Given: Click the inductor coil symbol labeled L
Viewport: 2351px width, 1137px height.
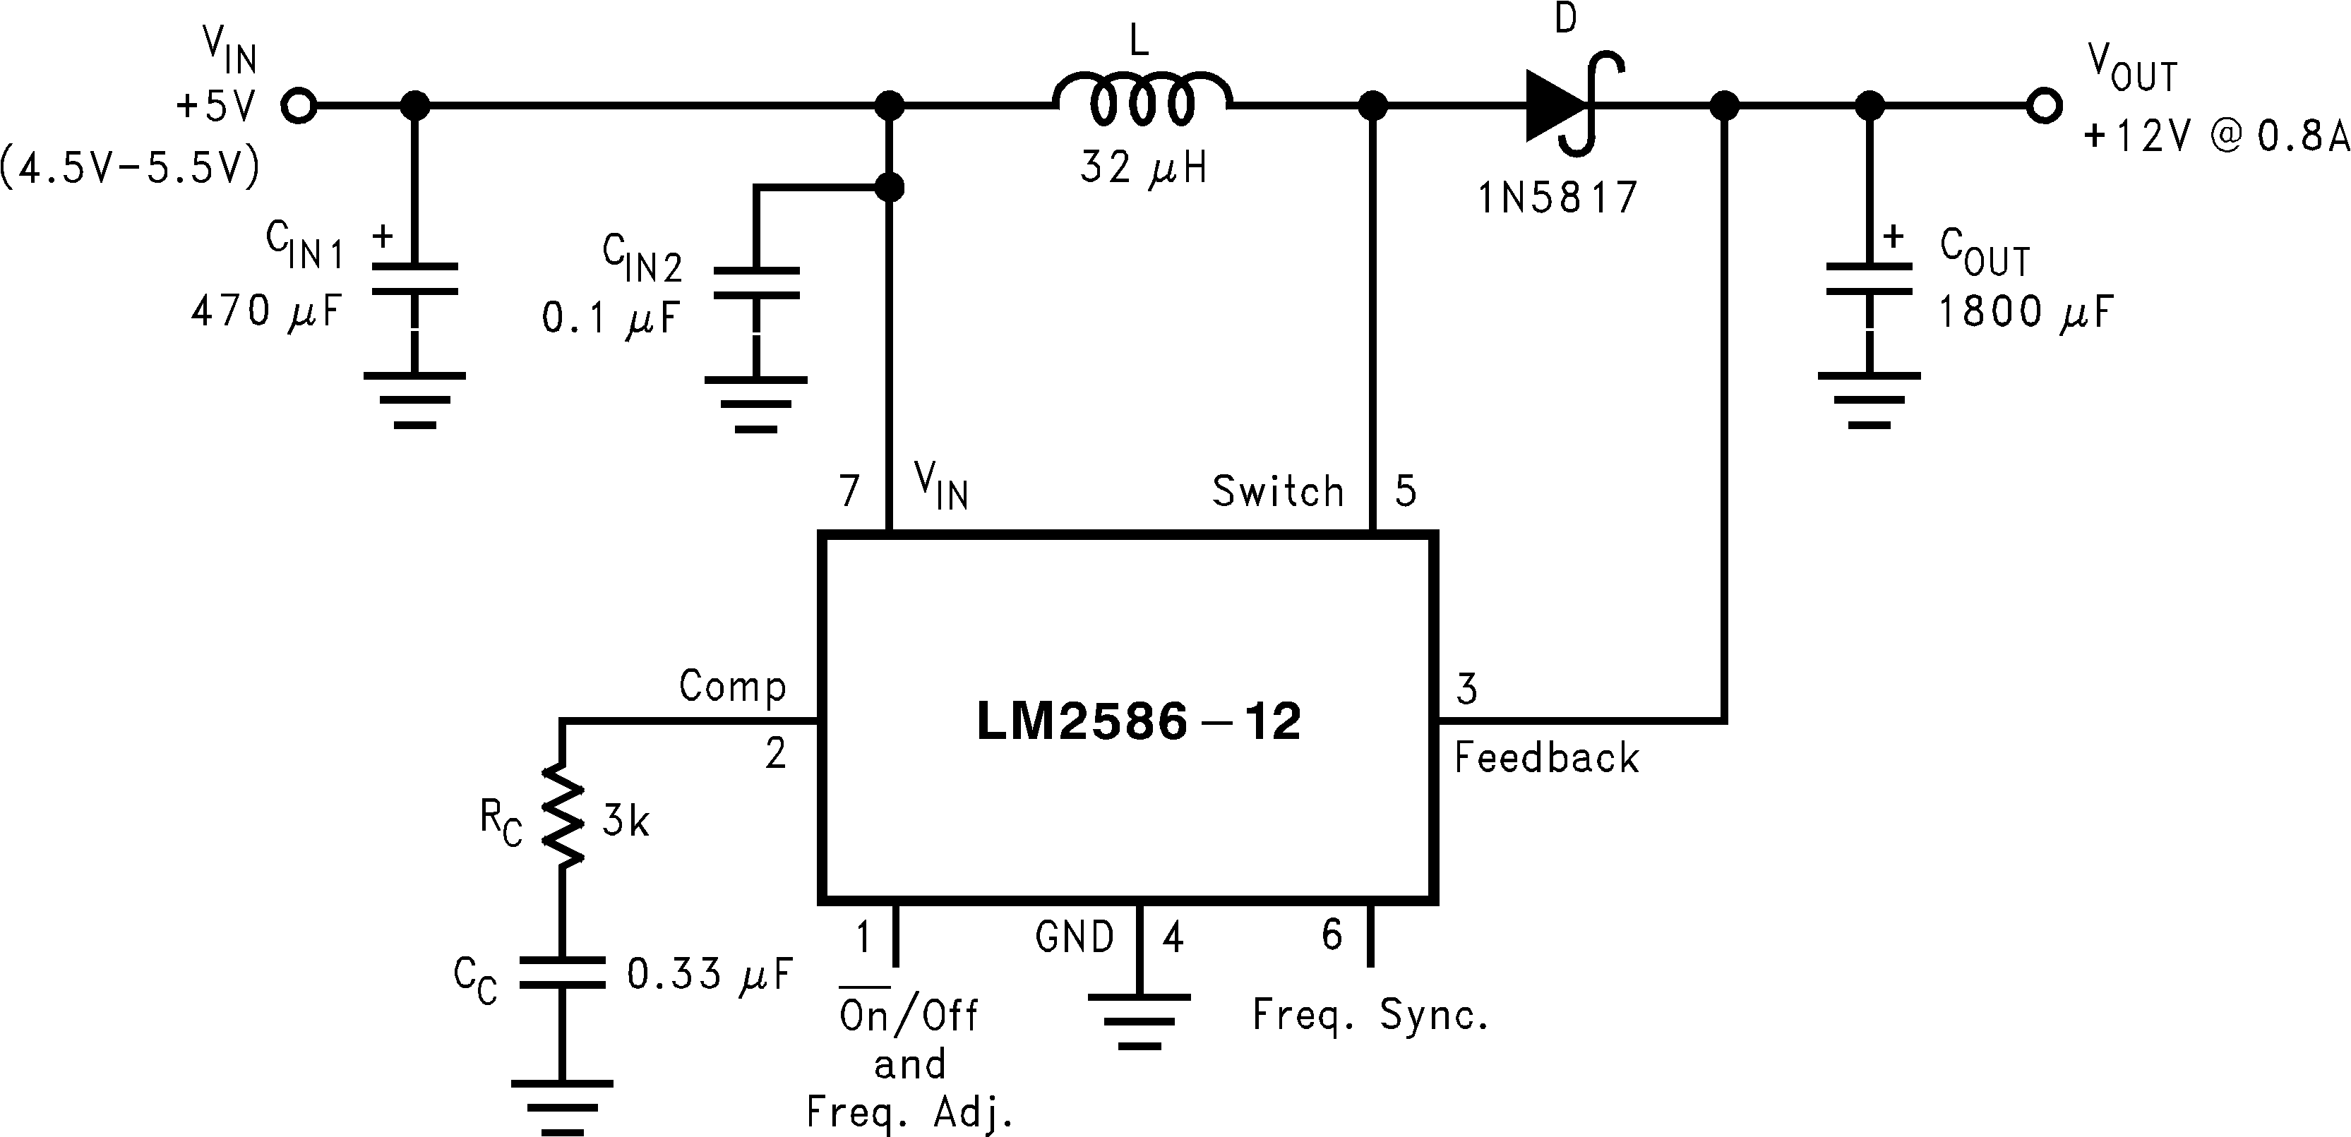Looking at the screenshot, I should (1142, 99).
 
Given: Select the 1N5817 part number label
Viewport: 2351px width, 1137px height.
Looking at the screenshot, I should (1558, 197).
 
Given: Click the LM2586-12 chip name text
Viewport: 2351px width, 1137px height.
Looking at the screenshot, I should (1138, 722).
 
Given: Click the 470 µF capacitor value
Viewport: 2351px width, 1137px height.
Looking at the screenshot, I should (265, 311).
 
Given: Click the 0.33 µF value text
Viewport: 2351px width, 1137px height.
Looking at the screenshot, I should (708, 975).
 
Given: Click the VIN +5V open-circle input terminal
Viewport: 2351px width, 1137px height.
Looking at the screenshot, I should (299, 106).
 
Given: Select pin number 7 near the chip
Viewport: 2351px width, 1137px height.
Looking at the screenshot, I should (850, 491).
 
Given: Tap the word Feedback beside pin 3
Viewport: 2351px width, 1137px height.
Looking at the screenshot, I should (1546, 758).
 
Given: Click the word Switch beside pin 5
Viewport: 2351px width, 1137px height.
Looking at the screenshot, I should (1278, 491).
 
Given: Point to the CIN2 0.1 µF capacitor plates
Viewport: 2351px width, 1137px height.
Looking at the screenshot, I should (755, 283).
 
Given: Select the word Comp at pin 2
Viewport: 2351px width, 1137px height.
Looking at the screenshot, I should (732, 685).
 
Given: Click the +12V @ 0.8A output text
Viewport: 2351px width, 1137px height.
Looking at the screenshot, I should (2216, 136).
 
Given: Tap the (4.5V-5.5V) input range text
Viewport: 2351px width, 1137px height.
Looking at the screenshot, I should (131, 168).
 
